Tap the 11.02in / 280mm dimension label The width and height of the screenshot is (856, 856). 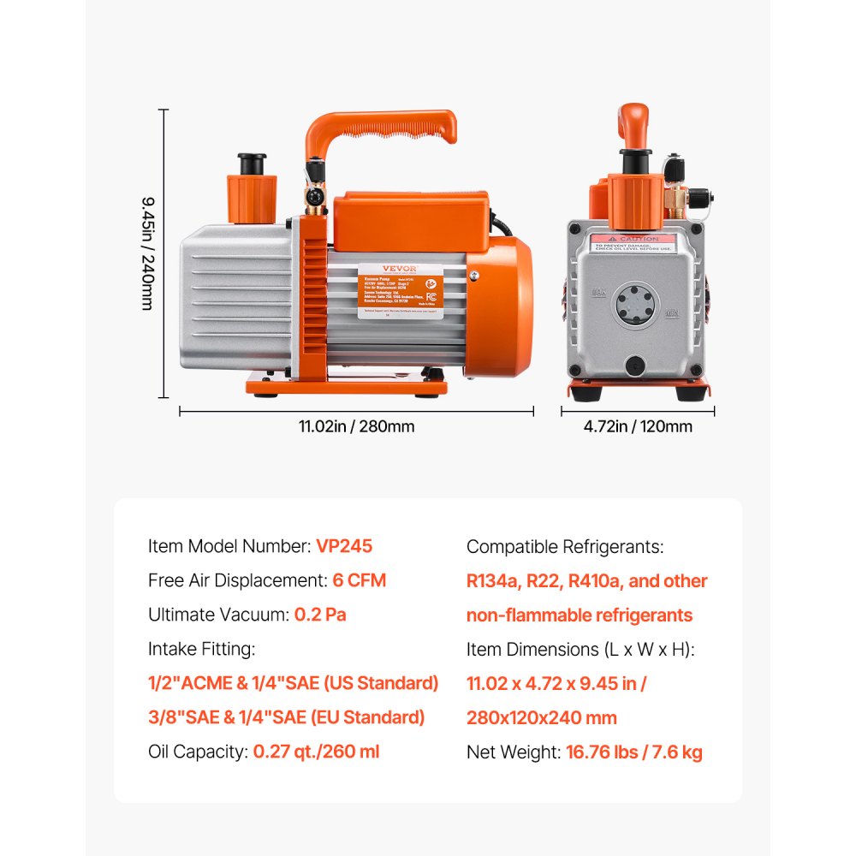point(356,426)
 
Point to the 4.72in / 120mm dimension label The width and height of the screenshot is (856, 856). point(638,426)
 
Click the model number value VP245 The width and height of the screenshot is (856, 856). point(344,546)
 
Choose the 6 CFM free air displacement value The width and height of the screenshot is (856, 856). point(360,580)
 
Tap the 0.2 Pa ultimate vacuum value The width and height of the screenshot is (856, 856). point(320,615)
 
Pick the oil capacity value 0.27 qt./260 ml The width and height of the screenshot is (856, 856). point(316,752)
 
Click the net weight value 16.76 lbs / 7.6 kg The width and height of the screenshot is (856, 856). point(634,752)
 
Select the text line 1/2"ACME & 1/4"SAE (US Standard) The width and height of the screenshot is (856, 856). point(294,683)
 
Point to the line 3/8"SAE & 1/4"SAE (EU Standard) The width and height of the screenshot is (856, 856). point(286,717)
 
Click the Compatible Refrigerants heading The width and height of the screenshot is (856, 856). point(565,546)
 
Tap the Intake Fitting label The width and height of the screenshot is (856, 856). point(202,649)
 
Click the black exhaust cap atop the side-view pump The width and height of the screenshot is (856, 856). point(251,162)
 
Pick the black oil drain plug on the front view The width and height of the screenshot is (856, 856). point(636,366)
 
